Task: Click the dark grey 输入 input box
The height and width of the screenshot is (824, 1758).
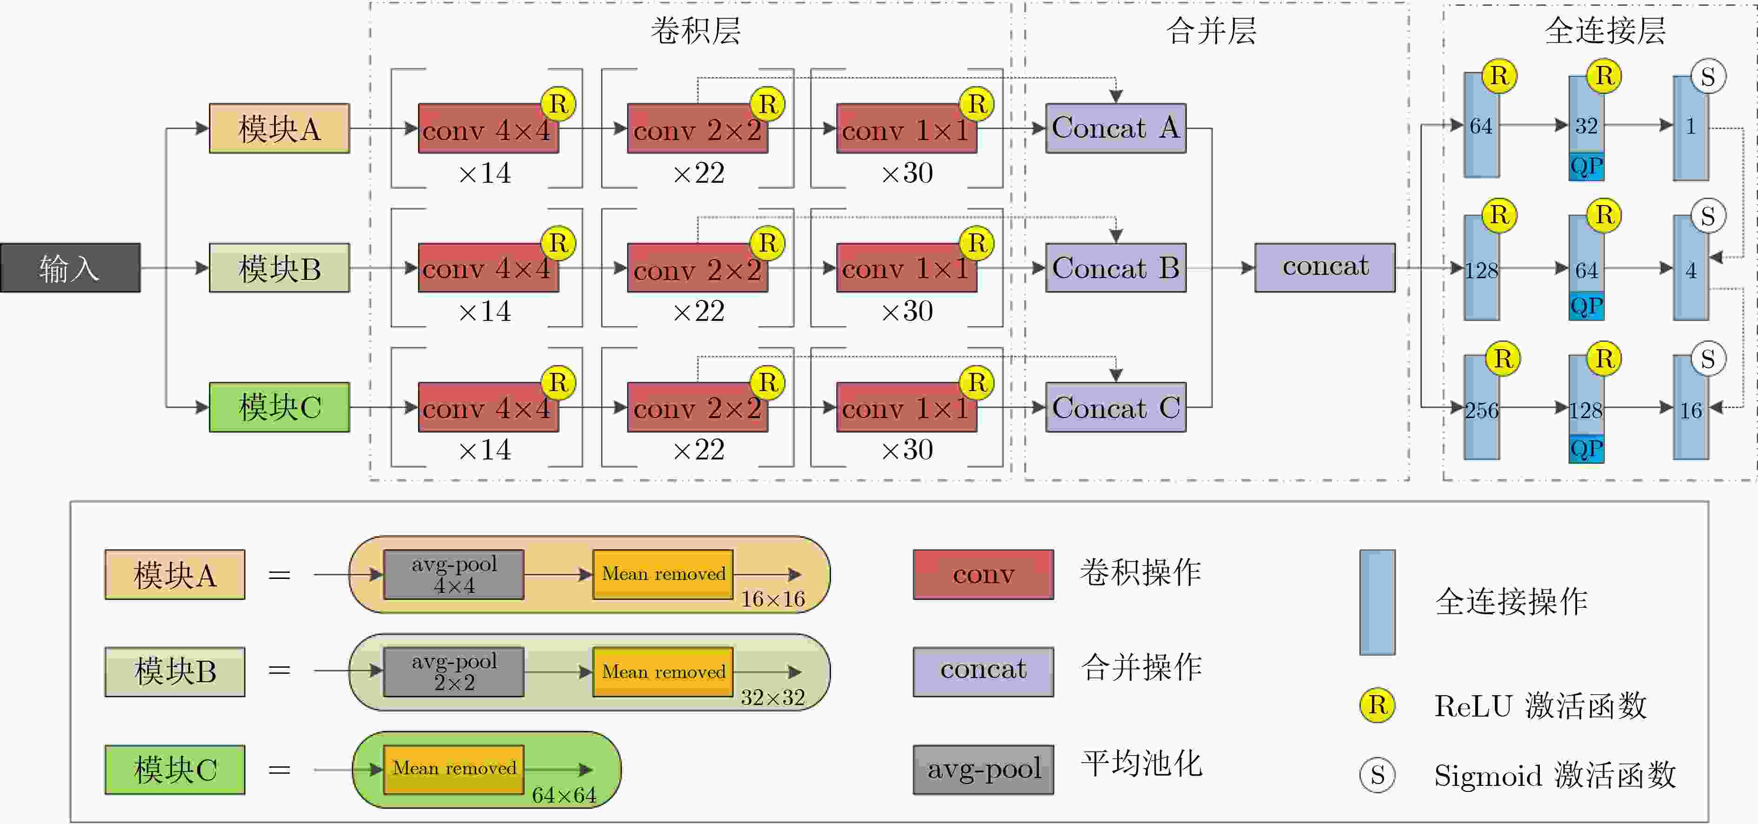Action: pos(70,267)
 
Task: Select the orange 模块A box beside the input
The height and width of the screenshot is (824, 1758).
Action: pos(279,128)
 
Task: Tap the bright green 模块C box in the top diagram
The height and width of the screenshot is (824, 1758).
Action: pos(279,407)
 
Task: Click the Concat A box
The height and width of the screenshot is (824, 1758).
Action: pos(1116,128)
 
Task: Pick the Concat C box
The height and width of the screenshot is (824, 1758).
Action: pos(1116,407)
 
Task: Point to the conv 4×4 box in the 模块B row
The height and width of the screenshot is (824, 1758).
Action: pos(488,267)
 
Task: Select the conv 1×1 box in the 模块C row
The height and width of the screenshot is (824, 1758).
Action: pos(906,407)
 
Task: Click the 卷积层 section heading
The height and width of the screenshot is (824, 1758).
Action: pos(695,30)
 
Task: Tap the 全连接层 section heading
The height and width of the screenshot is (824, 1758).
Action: pos(1605,30)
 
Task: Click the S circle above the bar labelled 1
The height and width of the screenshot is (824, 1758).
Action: pos(1708,76)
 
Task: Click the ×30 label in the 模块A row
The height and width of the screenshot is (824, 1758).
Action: pos(907,173)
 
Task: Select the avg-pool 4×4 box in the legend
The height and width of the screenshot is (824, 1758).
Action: pos(454,574)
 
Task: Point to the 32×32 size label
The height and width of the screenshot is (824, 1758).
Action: pos(772,697)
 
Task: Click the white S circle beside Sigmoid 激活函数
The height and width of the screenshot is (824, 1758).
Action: pos(1377,775)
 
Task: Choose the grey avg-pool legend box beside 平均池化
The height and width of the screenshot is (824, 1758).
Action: pos(984,770)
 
